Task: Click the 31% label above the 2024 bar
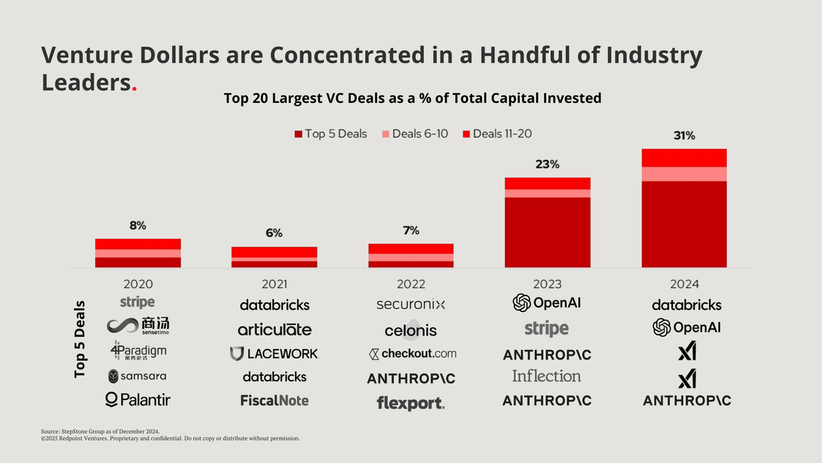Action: pyautogui.click(x=684, y=136)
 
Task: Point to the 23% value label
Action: pyautogui.click(x=547, y=165)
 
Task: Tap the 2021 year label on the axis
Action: pyautogui.click(x=274, y=284)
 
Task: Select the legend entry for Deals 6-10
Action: pyautogui.click(x=415, y=134)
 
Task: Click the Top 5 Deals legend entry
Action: pyautogui.click(x=331, y=134)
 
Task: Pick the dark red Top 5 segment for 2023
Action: pyautogui.click(x=547, y=232)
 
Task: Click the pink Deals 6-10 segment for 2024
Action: pyautogui.click(x=684, y=174)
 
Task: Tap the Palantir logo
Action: pyautogui.click(x=138, y=399)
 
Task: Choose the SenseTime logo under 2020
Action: pyautogui.click(x=138, y=326)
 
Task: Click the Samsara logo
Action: pyautogui.click(x=137, y=376)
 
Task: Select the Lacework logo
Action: pyautogui.click(x=274, y=353)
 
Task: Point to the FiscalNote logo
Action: pyautogui.click(x=274, y=400)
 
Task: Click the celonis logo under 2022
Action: pyautogui.click(x=410, y=330)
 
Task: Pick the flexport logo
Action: pyautogui.click(x=411, y=403)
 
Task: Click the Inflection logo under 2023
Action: pyautogui.click(x=547, y=376)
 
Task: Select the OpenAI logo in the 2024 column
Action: pyautogui.click(x=686, y=328)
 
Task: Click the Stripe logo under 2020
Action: pyautogui.click(x=137, y=302)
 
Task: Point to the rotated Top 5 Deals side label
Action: pyautogui.click(x=80, y=339)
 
